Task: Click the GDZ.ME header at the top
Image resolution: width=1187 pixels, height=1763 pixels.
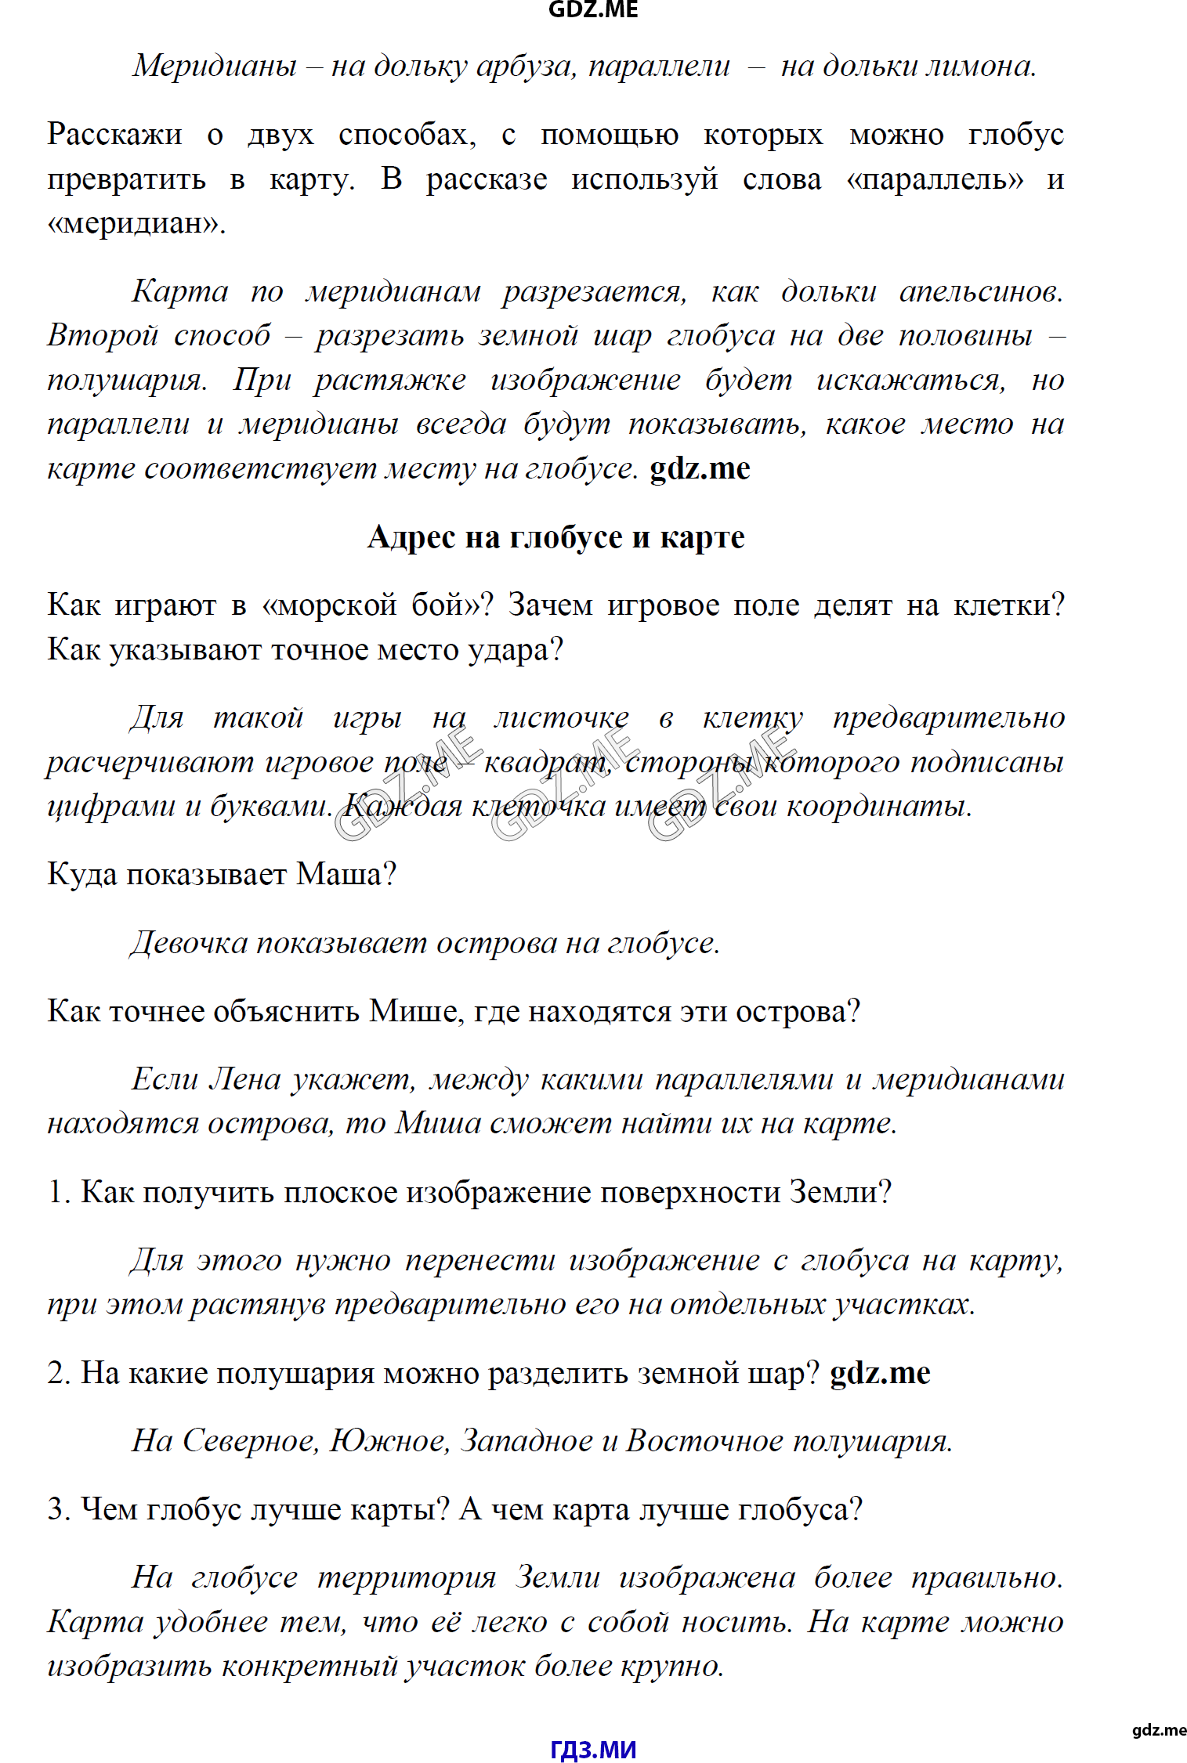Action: tap(593, 9)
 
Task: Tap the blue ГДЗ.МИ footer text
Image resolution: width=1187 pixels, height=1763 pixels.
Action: tap(593, 1749)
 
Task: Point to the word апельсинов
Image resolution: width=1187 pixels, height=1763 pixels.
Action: tap(981, 291)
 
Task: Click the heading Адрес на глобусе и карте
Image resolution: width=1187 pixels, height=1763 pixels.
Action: tap(556, 537)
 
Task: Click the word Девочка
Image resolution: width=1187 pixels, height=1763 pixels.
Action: tap(190, 943)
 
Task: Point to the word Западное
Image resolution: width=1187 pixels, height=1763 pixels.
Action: tap(527, 1441)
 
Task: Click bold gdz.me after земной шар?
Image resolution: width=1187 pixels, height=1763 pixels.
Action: tap(880, 1374)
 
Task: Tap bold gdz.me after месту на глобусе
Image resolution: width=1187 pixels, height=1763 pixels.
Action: tap(700, 468)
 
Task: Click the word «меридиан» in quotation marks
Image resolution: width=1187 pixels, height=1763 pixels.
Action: tap(136, 224)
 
